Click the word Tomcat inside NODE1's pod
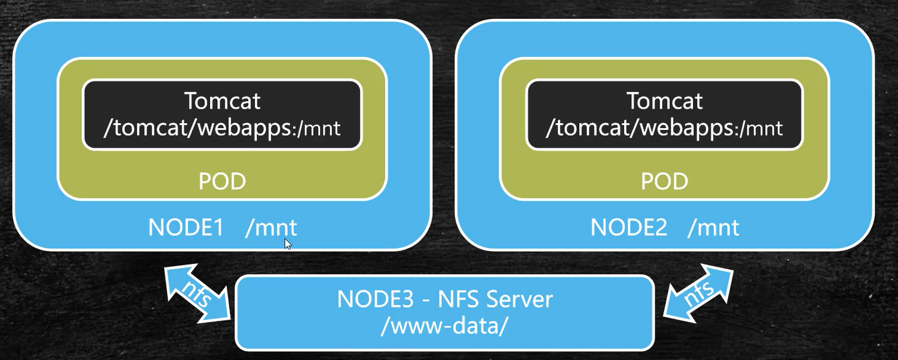point(222,101)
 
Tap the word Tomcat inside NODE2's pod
point(665,101)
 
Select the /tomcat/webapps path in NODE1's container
point(197,128)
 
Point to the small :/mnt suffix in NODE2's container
point(760,129)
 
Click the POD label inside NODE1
point(222,182)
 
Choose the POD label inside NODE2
point(665,182)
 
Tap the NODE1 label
point(186,228)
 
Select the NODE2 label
point(629,228)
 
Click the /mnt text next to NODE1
point(271,228)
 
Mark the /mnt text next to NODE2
point(714,228)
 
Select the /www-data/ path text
point(444,326)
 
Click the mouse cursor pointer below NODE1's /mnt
point(287,243)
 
